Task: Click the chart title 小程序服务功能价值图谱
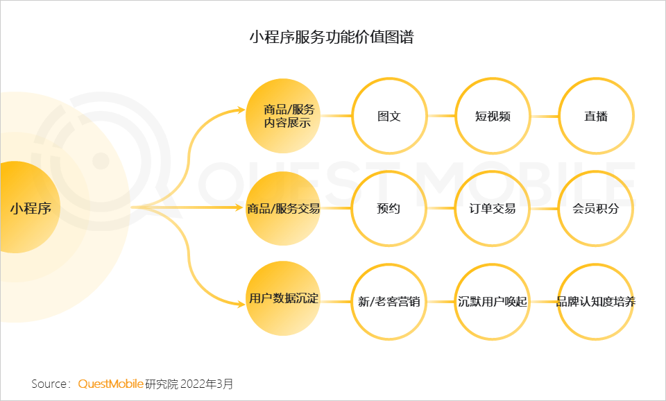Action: coord(332,37)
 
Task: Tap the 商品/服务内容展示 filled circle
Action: coord(283,116)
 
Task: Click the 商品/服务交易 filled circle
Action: coord(283,207)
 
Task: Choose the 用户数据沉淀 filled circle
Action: coord(283,299)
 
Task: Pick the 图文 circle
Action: coord(388,116)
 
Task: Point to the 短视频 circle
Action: coord(493,116)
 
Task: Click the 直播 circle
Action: coord(596,116)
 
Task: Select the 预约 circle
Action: coord(388,208)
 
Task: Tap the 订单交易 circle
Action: coord(493,208)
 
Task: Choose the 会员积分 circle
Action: coord(596,208)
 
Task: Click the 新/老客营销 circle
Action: coord(388,302)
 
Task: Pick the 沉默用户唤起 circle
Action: coord(493,302)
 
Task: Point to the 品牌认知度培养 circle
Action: coord(596,302)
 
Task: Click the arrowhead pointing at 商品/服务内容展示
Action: coord(240,110)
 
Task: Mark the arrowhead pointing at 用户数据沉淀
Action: coord(240,302)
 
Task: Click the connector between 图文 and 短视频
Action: coord(441,116)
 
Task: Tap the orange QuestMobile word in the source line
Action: coord(111,384)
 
